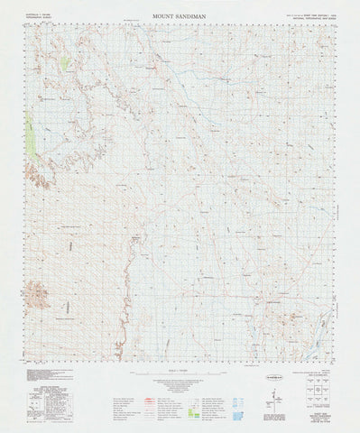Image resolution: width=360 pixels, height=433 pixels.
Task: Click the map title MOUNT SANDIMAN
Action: (180, 14)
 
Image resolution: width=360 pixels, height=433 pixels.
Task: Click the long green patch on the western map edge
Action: (33, 139)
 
